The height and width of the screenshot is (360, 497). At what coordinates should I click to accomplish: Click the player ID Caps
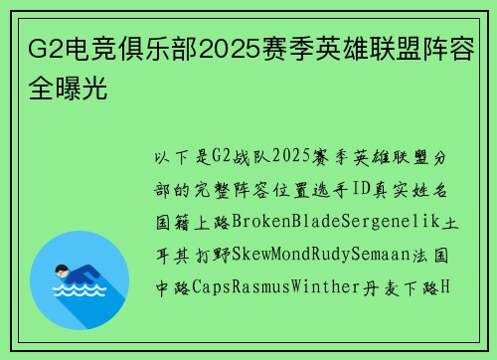(203, 287)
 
